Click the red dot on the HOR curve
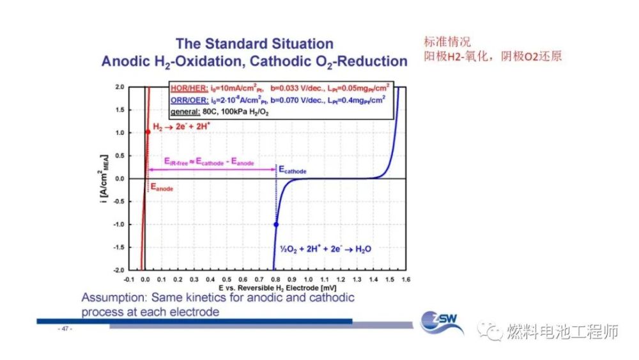[x=148, y=132]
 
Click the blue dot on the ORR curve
[x=276, y=224]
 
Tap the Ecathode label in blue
[x=292, y=171]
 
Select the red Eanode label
[x=161, y=189]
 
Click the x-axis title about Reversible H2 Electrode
[x=267, y=288]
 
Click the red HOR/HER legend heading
[x=189, y=89]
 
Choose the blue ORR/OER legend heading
[x=189, y=100]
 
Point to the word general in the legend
[x=185, y=112]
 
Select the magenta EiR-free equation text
[x=209, y=162]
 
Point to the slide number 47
[x=65, y=329]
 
